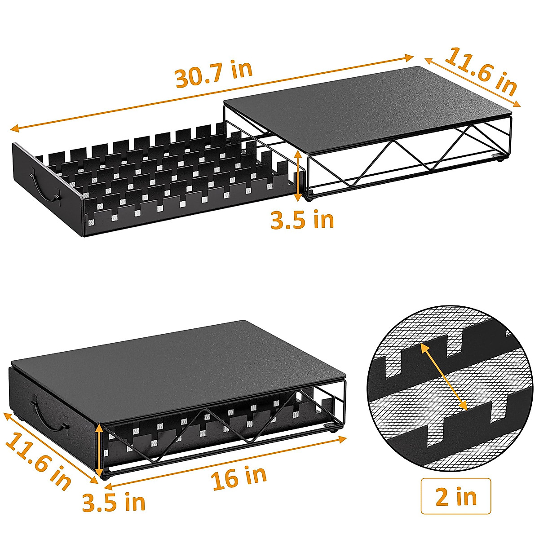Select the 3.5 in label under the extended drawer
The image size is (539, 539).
(302, 220)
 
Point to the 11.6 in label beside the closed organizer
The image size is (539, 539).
(39, 460)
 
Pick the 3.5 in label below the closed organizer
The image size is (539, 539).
(114, 502)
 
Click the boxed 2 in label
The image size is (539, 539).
(455, 496)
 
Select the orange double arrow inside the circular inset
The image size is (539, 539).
(444, 377)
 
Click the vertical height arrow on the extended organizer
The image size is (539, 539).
(297, 176)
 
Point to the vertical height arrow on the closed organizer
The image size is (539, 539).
(100, 449)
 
